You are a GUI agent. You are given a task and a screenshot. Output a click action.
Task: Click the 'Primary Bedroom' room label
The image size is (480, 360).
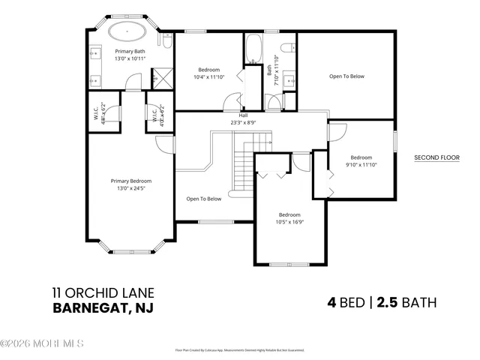coord(131,181)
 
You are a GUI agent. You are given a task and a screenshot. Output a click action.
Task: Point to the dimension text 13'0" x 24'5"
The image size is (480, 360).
coord(131,188)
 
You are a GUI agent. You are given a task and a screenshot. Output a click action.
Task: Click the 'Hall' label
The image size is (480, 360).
coord(243,115)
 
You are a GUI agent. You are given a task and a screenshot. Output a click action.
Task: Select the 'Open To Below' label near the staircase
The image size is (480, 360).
coord(204,199)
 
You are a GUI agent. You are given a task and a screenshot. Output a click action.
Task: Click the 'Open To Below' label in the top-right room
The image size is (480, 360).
coord(347,76)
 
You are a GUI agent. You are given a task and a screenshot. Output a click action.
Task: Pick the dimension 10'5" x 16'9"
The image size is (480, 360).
coord(290,222)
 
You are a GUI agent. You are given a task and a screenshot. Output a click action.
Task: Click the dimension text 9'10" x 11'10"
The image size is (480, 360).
coord(361,164)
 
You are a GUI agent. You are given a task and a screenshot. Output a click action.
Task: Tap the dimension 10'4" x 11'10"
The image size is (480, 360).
coord(209,76)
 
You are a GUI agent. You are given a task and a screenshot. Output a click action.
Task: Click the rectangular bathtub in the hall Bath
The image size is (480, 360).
coord(252,52)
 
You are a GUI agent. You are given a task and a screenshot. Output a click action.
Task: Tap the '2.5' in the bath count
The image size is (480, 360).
coord(386,303)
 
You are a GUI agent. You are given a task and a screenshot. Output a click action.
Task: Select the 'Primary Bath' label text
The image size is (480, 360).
coord(129,51)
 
